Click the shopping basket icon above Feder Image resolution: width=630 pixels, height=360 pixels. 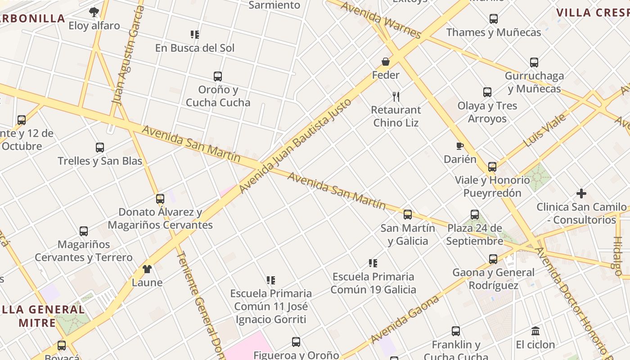coord(386,62)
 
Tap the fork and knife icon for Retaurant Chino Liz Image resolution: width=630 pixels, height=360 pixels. coord(396,96)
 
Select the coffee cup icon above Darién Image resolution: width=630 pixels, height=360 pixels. coord(459,146)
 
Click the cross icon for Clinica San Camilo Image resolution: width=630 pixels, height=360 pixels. coord(581,193)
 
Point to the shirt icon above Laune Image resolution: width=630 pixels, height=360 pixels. coord(147,269)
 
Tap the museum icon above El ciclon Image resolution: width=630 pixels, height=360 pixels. coord(535,331)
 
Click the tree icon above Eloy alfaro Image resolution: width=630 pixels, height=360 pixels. coord(94,12)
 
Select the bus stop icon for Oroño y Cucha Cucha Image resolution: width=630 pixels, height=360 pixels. coord(218,76)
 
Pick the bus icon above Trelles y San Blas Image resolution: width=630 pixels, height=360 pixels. coord(100,147)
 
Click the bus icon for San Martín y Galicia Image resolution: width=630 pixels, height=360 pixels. coord(408,214)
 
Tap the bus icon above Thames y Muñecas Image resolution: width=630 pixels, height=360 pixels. coord(494,19)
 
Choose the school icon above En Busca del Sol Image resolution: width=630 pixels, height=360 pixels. coord(195,34)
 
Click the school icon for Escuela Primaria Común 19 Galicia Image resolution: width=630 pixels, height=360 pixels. coord(373,263)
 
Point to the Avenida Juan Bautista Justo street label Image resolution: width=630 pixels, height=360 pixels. coord(295,145)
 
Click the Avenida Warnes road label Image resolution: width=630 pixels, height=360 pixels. coord(381,20)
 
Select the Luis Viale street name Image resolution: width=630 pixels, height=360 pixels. coord(545,130)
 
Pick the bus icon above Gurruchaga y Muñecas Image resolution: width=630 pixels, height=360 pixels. coord(534,62)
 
